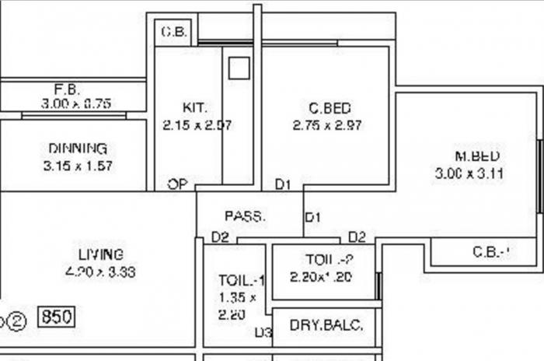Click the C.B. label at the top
coord(172,32)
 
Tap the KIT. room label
coord(195,107)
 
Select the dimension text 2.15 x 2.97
coord(197,124)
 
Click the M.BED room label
coord(476,156)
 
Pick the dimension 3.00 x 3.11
coord(469,173)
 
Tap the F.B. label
coord(67,88)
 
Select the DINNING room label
coord(78,149)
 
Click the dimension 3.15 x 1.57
coord(78,165)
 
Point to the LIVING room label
coord(101,254)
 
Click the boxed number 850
coord(57,317)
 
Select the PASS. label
coord(245,216)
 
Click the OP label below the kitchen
coord(177,184)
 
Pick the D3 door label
coord(263,333)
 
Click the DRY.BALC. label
coord(326,325)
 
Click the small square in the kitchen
coord(239,68)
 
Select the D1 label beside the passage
coord(312,217)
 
